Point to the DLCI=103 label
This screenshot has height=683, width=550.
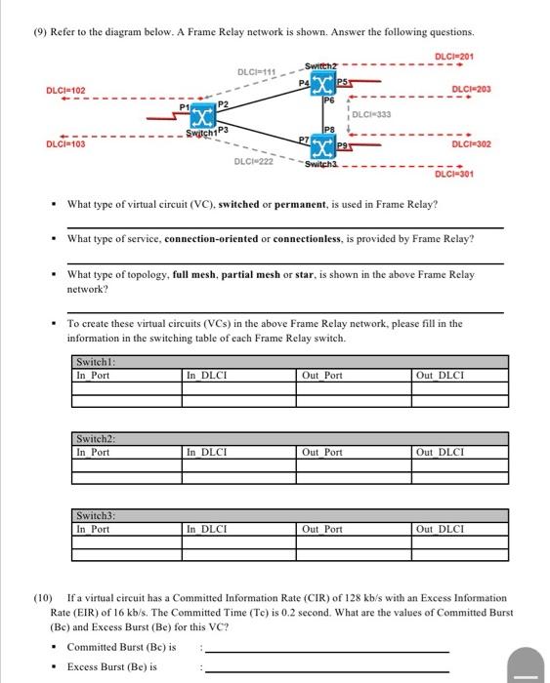[66, 144]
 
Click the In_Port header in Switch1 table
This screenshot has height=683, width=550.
[93, 375]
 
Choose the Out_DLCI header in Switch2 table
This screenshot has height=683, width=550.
[441, 452]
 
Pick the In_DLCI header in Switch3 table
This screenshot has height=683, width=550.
[207, 529]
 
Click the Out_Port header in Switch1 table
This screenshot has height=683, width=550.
[322, 375]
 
